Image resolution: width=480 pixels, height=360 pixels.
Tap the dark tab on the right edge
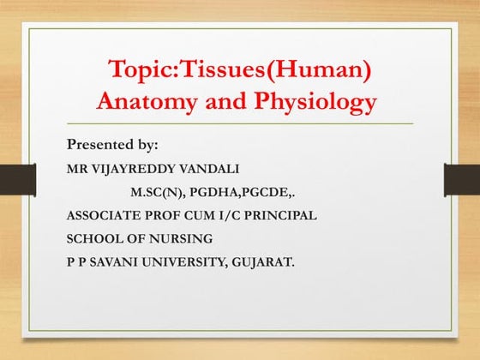[x=463, y=179]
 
